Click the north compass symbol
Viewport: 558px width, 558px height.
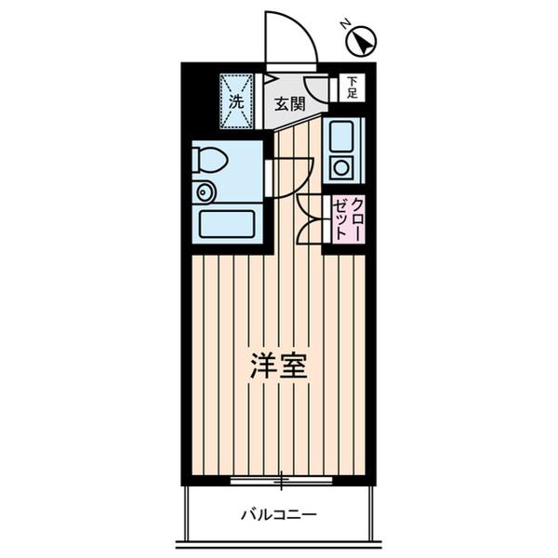point(362,43)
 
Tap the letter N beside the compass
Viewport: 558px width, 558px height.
point(344,25)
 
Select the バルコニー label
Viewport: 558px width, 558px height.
point(279,513)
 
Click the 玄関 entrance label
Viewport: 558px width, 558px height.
point(290,103)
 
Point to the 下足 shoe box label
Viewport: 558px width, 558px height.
point(352,87)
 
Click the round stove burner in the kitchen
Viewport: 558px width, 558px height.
point(339,167)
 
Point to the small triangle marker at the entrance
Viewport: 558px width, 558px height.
point(269,78)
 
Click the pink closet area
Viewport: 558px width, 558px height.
point(346,222)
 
